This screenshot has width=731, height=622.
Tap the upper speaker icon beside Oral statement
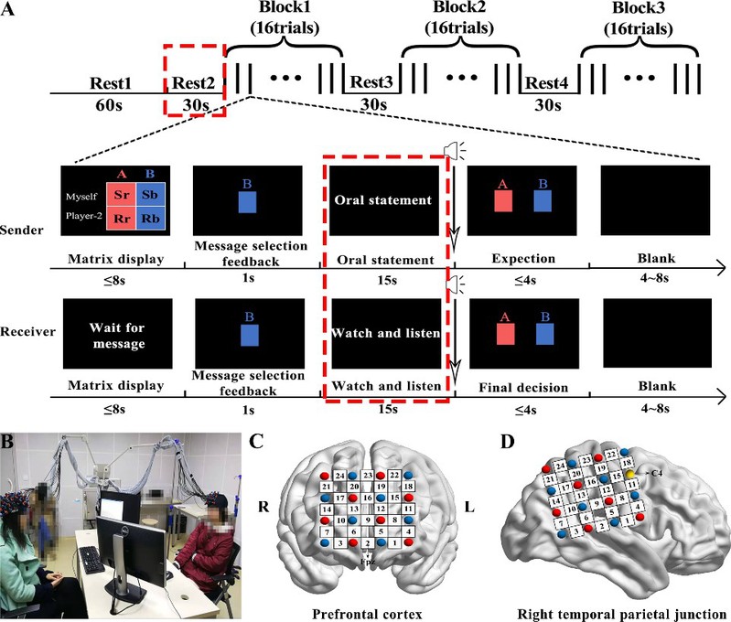click(x=451, y=150)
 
